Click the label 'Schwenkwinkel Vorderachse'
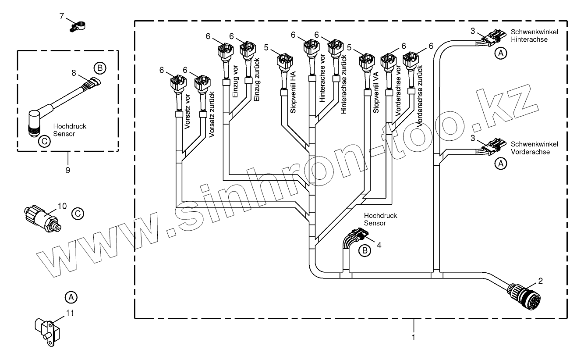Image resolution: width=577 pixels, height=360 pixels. (x=531, y=148)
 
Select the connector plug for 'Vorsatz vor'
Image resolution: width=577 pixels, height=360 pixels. (x=177, y=82)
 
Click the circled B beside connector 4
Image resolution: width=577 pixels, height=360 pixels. (x=365, y=250)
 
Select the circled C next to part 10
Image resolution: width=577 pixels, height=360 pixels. (x=77, y=214)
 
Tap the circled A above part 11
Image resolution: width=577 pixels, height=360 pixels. (x=71, y=297)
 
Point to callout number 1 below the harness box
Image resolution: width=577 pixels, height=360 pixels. (x=413, y=337)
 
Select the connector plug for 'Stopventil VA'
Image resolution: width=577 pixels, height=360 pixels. (x=366, y=61)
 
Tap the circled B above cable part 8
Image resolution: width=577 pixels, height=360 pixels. (x=99, y=68)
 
